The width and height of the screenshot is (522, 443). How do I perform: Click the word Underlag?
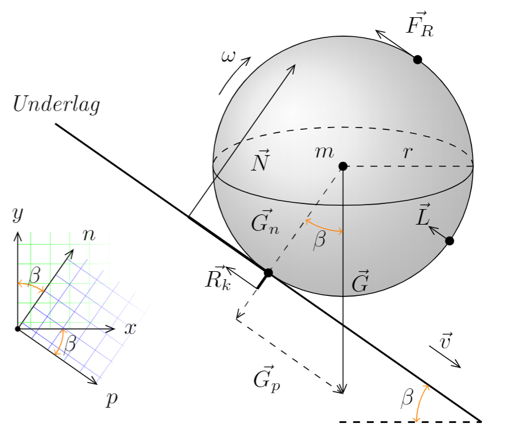(56, 105)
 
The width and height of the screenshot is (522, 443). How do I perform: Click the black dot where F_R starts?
(417, 59)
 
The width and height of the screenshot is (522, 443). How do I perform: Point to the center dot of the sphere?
(343, 166)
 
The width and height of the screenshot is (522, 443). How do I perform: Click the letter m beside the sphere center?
(324, 152)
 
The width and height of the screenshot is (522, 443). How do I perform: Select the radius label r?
(408, 153)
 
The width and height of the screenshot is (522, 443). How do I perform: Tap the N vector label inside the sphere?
(260, 163)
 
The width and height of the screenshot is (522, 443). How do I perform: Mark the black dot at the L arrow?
(450, 241)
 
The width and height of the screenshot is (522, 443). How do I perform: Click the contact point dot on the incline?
(268, 272)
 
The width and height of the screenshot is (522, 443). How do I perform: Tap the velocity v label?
(445, 341)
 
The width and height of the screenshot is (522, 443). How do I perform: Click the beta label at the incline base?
(407, 397)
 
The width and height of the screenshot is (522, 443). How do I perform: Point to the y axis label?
(18, 215)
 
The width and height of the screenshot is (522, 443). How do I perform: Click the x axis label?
(130, 329)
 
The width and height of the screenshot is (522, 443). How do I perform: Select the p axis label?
(111, 399)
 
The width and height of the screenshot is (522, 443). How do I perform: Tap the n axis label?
(89, 234)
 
